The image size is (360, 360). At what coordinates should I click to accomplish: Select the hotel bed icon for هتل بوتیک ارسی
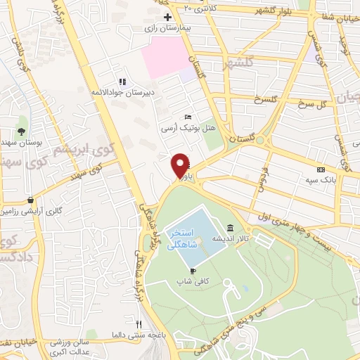pos(187,117)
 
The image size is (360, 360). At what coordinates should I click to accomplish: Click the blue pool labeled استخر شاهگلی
pos(190,236)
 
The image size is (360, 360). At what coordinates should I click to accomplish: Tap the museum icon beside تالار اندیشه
pos(231,227)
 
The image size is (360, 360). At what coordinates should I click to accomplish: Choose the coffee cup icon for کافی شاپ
pos(193,270)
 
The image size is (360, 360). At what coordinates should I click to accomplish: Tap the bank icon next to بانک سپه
pos(321,169)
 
